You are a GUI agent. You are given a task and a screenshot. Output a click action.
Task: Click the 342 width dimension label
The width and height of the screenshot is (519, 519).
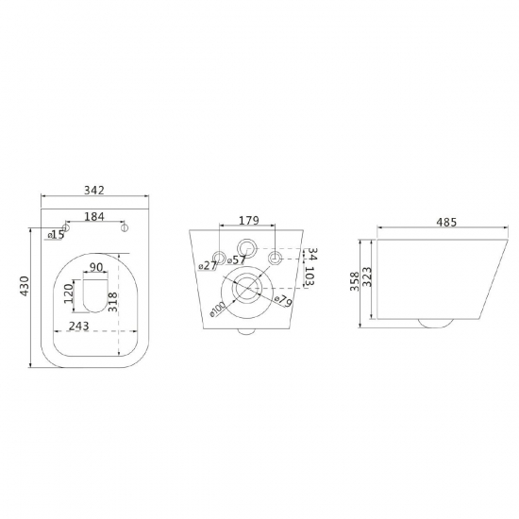[x=94, y=190]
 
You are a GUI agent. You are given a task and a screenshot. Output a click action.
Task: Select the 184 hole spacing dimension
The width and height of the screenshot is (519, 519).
[x=94, y=216]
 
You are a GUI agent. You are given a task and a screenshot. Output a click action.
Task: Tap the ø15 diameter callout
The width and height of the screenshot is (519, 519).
[x=56, y=234]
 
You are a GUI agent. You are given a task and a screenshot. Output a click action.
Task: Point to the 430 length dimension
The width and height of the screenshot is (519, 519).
[x=25, y=286]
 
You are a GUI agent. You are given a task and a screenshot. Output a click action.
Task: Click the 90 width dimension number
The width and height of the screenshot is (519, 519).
[x=96, y=267]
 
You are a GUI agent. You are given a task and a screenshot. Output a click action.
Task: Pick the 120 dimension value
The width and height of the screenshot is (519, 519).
[x=69, y=293]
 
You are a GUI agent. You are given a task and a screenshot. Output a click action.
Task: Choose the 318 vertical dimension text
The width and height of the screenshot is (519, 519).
[x=112, y=302]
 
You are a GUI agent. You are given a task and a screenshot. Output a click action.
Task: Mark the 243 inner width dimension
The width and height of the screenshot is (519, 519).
[x=78, y=326]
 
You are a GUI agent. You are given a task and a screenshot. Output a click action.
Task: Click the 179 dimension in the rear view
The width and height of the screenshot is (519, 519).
[x=248, y=220]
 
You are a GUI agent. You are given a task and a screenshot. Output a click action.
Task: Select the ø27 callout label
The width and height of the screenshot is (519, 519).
[x=208, y=265]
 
